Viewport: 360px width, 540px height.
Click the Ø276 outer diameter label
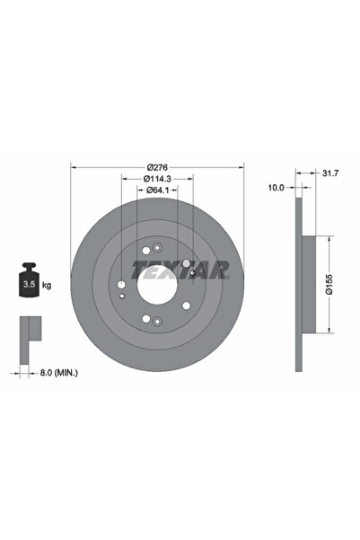[157, 167]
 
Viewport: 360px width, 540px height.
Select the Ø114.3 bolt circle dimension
[158, 179]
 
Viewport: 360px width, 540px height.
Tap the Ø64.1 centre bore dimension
[158, 190]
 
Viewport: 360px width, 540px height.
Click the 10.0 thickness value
[277, 188]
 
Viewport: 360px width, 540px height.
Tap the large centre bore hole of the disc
[157, 284]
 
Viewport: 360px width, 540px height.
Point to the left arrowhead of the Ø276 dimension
[74, 168]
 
